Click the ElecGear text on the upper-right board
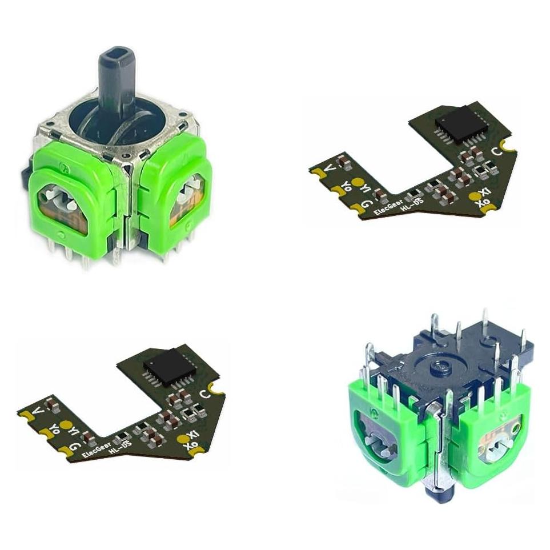click(x=390, y=206)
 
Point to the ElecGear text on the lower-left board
click(x=98, y=449)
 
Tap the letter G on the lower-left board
click(x=72, y=446)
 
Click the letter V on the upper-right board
click(x=329, y=168)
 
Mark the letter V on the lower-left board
click(x=38, y=411)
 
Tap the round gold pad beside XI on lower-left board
click(x=183, y=439)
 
